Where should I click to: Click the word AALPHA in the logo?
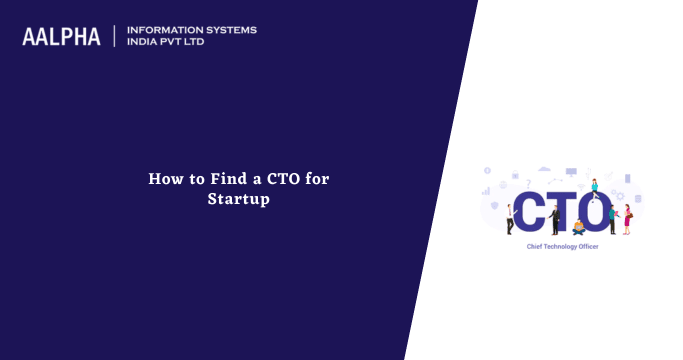(x=61, y=37)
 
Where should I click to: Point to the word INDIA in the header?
(x=146, y=43)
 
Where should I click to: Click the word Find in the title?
(x=226, y=179)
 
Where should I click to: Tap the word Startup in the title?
(x=239, y=200)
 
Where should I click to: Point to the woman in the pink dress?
(x=627, y=218)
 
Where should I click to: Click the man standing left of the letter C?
(x=510, y=218)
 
